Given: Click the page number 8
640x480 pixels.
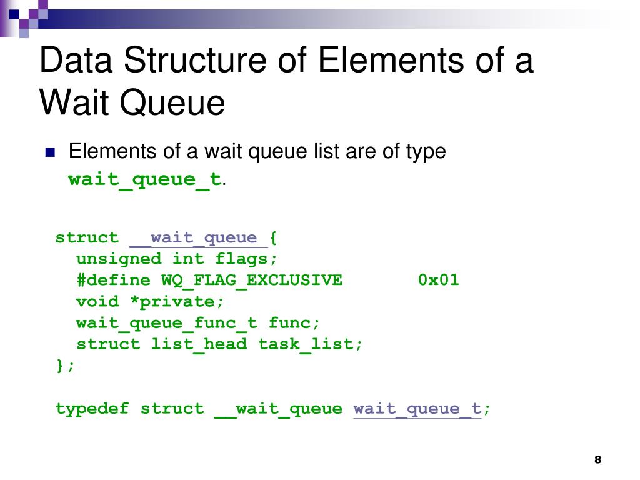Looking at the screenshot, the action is pos(597,460).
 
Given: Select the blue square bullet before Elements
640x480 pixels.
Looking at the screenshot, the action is pos(51,152).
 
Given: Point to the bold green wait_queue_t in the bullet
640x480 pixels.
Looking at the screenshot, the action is pos(145,179).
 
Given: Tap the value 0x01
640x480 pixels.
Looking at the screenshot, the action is pos(439,280).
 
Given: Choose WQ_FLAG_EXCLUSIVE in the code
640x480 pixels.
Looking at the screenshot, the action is pos(252,280).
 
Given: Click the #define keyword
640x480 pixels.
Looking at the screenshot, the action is pos(113,280).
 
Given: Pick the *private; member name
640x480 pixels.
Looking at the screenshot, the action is pos(176,301).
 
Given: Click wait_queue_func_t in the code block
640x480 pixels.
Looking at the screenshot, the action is pos(166,323).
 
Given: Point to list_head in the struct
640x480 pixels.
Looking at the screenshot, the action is pos(199,344).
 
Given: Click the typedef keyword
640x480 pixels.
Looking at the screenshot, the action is pos(92,409).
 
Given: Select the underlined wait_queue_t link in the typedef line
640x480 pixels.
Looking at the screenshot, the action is pos(417,409).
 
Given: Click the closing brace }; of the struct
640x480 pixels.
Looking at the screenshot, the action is pos(65,366).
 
